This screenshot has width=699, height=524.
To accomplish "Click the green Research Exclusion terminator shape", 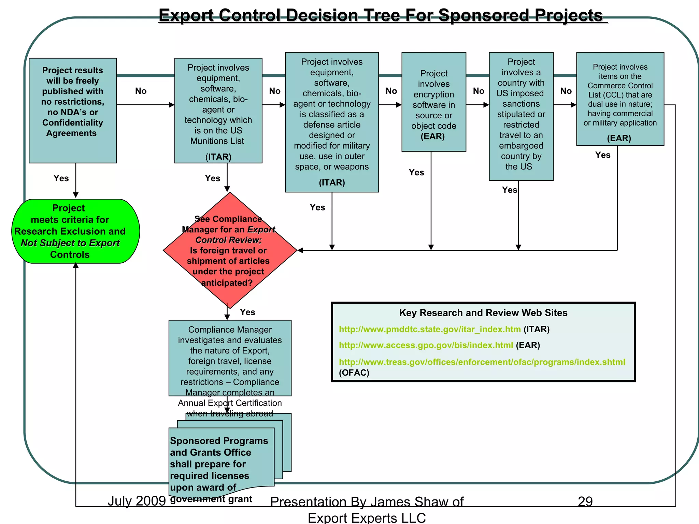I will click(x=75, y=231).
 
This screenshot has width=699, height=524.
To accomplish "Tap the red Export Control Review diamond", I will click(x=230, y=250).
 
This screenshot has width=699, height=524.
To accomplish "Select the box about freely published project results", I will click(x=73, y=110).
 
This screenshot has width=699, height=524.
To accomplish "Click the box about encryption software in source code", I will click(x=433, y=102).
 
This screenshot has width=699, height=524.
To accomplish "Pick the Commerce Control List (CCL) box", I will click(x=620, y=99).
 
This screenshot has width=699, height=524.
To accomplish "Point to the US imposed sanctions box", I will click(x=521, y=116).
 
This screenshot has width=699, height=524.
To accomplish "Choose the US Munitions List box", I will click(x=218, y=110).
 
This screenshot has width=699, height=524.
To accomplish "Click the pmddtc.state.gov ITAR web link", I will click(x=429, y=329).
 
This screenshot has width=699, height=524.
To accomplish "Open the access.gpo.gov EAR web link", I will click(x=426, y=345).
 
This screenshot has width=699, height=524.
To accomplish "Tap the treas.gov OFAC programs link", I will click(x=482, y=362).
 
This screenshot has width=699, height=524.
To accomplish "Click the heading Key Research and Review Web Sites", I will click(x=483, y=313).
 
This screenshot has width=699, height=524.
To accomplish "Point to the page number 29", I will click(x=585, y=501).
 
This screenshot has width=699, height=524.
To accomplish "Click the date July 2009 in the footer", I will click(x=137, y=501).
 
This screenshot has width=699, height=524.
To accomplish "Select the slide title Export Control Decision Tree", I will click(x=381, y=15).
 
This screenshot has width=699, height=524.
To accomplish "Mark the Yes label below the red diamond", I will click(x=247, y=312).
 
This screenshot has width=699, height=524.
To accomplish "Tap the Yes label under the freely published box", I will click(x=61, y=178).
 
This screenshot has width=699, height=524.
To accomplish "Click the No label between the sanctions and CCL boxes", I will click(x=566, y=91).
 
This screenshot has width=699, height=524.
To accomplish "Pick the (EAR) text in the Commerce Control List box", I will click(x=619, y=138).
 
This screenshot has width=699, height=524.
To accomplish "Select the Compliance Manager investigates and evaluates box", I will click(x=230, y=358).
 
